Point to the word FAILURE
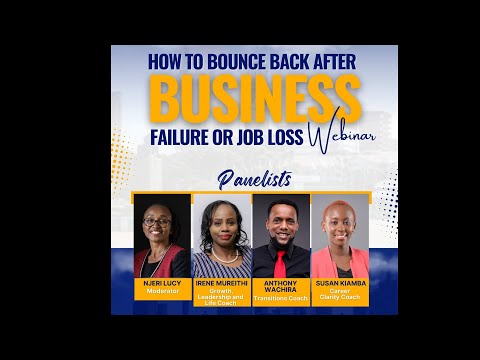180,138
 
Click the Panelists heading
255,180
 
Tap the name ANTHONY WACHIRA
281,287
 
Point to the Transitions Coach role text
281,297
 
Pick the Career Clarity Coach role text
339,295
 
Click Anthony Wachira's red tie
282,263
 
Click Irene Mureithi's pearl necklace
222,256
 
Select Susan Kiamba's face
335,222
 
